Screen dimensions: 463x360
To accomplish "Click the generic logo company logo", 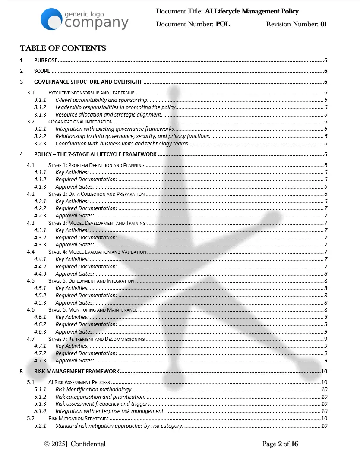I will [x=85, y=19].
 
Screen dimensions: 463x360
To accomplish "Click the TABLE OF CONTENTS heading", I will [x=63, y=48].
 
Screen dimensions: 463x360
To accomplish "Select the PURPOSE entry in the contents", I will [x=45, y=60].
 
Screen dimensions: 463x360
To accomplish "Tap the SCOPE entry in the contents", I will [x=42, y=71].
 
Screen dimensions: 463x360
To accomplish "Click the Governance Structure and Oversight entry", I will [x=88, y=82].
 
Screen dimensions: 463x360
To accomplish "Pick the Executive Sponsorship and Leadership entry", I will [x=92, y=93].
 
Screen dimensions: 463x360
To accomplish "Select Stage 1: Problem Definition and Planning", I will [x=96, y=165].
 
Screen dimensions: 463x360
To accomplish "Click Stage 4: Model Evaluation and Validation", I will [x=97, y=252].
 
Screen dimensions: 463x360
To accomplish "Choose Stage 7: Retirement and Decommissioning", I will [x=96, y=339].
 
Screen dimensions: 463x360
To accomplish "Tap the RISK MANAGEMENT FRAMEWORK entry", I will [x=76, y=371].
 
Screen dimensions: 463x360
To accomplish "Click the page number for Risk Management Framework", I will [x=324, y=371].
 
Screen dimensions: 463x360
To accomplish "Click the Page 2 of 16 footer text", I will [x=280, y=444].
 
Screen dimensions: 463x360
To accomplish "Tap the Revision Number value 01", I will [x=324, y=24].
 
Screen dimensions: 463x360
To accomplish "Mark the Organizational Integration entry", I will [x=80, y=122].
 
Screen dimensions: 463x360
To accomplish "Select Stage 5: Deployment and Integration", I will [x=91, y=281].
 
